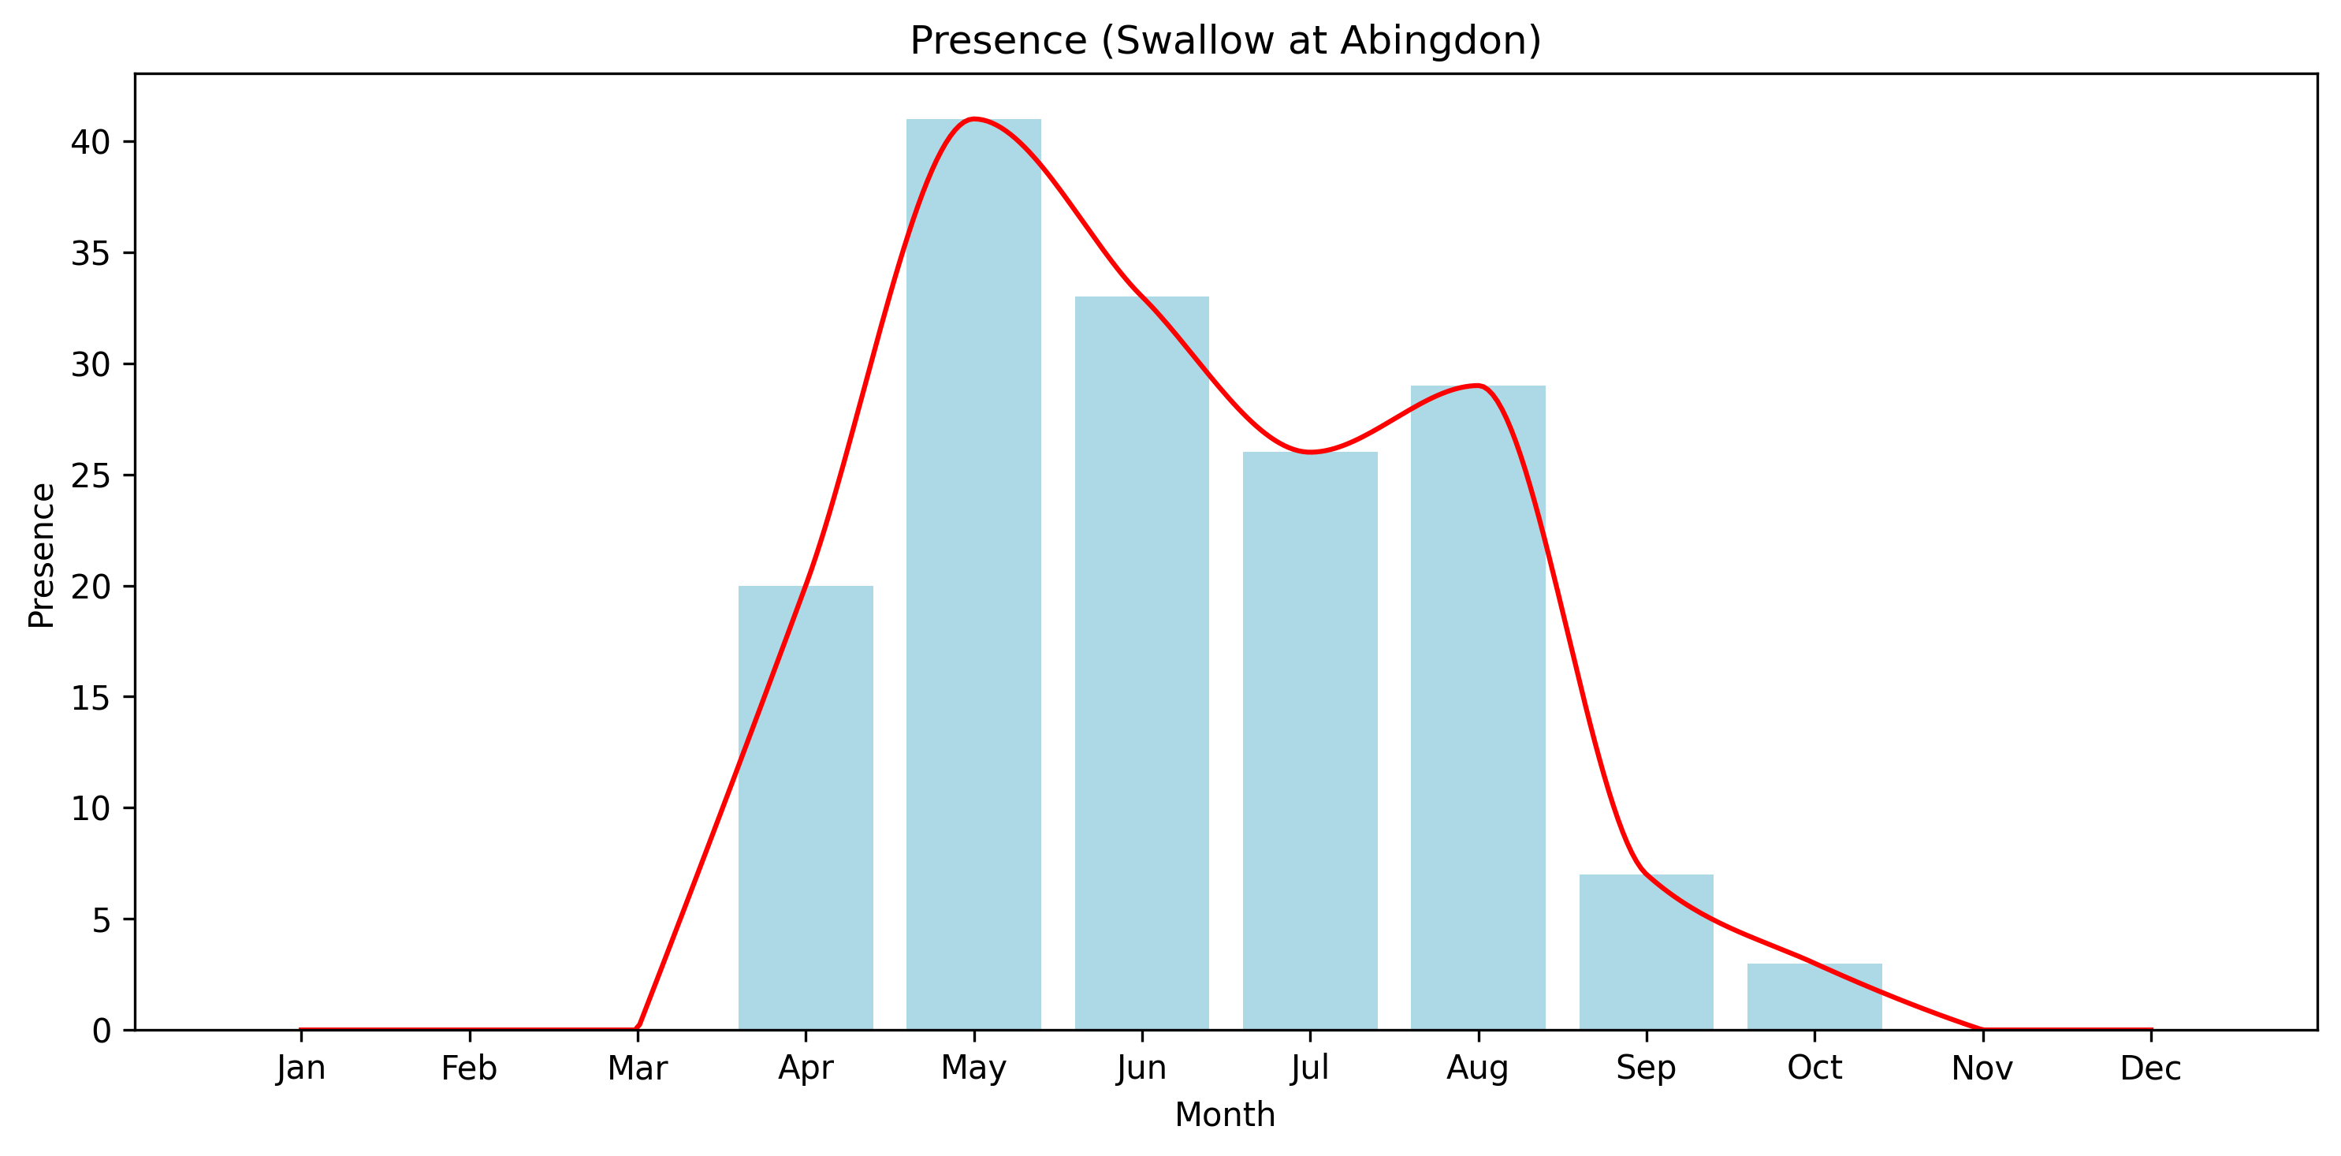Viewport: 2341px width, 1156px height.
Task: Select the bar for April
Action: [806, 809]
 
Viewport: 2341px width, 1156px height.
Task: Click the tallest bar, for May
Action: [973, 582]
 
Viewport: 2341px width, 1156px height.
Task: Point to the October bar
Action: [1814, 998]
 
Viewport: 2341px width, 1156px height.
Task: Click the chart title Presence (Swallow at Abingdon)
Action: [1225, 41]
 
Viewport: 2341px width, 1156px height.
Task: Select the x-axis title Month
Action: [1225, 1115]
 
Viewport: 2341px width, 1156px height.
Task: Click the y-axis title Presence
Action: [42, 555]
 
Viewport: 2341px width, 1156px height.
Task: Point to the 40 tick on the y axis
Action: [90, 142]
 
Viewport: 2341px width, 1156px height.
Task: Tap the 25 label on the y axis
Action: [90, 475]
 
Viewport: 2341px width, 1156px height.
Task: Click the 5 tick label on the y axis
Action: [101, 919]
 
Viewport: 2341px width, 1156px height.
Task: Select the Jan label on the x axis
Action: [301, 1068]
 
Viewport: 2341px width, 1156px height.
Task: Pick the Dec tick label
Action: [2150, 1068]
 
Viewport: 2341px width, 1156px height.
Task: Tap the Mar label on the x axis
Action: [637, 1068]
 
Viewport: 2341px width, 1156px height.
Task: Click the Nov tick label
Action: [1982, 1068]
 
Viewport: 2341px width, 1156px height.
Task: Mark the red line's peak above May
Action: [973, 119]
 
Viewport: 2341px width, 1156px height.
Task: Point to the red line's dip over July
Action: [1309, 452]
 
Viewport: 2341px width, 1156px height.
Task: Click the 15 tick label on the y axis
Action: [90, 698]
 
